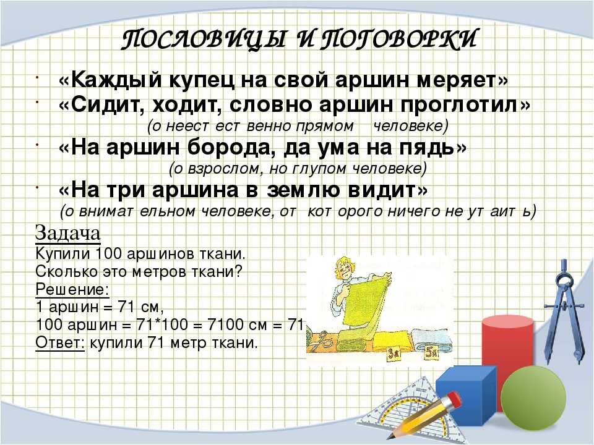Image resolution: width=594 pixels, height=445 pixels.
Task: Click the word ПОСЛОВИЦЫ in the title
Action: (x=204, y=40)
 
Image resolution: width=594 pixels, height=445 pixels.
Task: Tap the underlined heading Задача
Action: (x=68, y=234)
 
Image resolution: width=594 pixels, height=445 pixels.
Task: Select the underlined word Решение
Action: (x=72, y=290)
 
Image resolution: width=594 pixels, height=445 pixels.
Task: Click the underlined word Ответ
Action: (x=60, y=343)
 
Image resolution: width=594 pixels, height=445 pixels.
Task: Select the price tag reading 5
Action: (x=432, y=352)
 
